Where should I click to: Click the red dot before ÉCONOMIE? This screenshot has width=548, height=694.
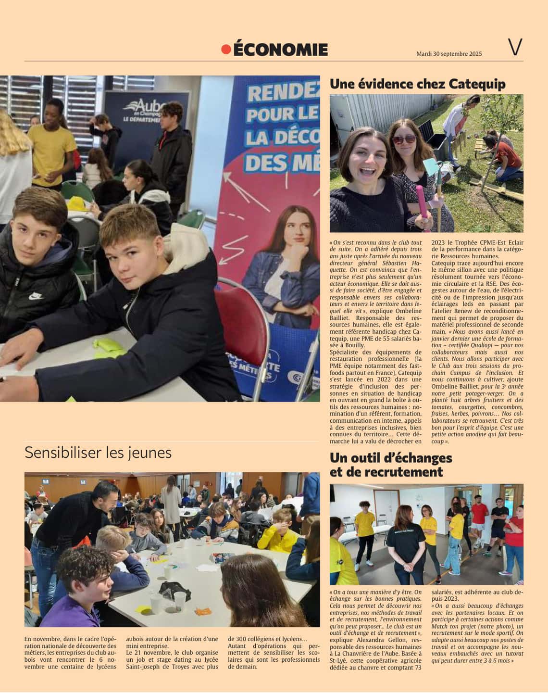click(x=226, y=50)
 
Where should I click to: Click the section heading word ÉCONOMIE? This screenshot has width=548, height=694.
click(x=280, y=50)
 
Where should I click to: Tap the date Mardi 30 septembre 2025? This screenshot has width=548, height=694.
click(x=449, y=54)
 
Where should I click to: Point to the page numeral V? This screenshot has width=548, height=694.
click(x=515, y=48)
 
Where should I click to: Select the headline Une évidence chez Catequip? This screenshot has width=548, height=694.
click(x=417, y=84)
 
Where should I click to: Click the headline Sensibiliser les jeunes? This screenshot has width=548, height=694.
click(x=98, y=453)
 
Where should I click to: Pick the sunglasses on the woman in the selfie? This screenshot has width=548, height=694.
click(x=404, y=139)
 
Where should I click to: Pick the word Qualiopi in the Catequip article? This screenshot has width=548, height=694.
click(x=481, y=345)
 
